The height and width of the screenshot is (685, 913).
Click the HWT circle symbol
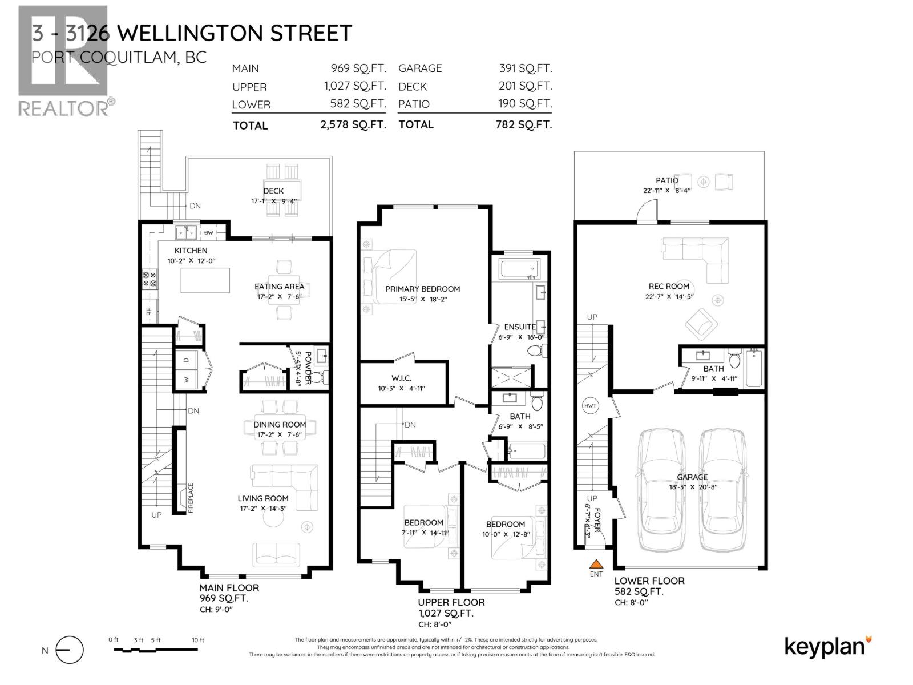point(591,406)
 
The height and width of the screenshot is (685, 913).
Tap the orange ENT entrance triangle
point(596,564)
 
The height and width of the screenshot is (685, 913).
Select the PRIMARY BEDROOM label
point(422,289)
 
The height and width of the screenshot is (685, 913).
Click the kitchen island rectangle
point(205,280)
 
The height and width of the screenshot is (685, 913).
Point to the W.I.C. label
point(401,378)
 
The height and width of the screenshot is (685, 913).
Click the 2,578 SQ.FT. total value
point(354,125)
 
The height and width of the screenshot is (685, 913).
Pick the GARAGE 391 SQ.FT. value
point(526,68)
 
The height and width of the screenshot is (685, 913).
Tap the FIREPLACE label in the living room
point(191,498)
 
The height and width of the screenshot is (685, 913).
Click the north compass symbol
point(70,650)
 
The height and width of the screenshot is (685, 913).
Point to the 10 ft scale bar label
point(198,640)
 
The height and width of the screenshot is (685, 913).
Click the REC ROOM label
point(669,286)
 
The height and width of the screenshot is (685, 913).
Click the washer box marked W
point(186,379)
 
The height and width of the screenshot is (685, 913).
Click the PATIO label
point(667,180)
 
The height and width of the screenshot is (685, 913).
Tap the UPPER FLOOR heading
point(451,602)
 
